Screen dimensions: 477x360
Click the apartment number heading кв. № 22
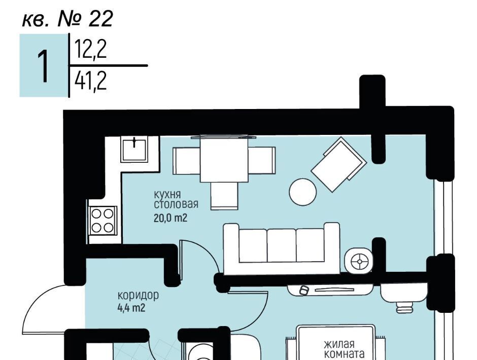67,19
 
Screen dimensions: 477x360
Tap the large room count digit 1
44,66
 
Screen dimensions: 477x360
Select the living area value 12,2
91,50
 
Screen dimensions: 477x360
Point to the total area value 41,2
91,81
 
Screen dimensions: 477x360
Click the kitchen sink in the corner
134,149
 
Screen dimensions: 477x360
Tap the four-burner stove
103,221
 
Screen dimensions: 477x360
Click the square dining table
224,159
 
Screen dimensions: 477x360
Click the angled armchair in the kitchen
338,164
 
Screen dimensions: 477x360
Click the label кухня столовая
176,199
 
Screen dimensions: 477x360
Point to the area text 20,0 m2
171,218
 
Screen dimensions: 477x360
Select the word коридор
138,295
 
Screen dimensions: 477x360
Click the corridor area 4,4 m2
131,308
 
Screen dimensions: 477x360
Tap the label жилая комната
344,349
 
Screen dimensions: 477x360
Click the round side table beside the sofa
358,261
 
